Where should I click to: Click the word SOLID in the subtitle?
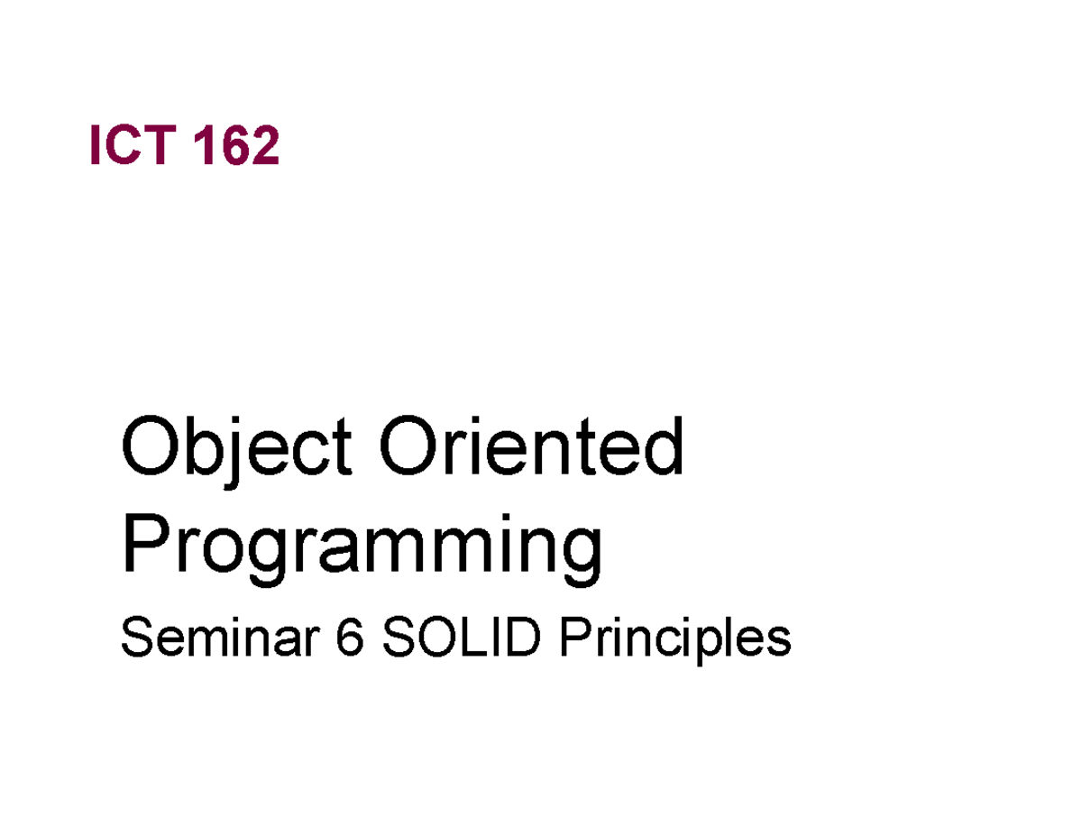point(460,639)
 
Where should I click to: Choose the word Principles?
point(674,639)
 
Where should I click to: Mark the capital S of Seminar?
point(134,639)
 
